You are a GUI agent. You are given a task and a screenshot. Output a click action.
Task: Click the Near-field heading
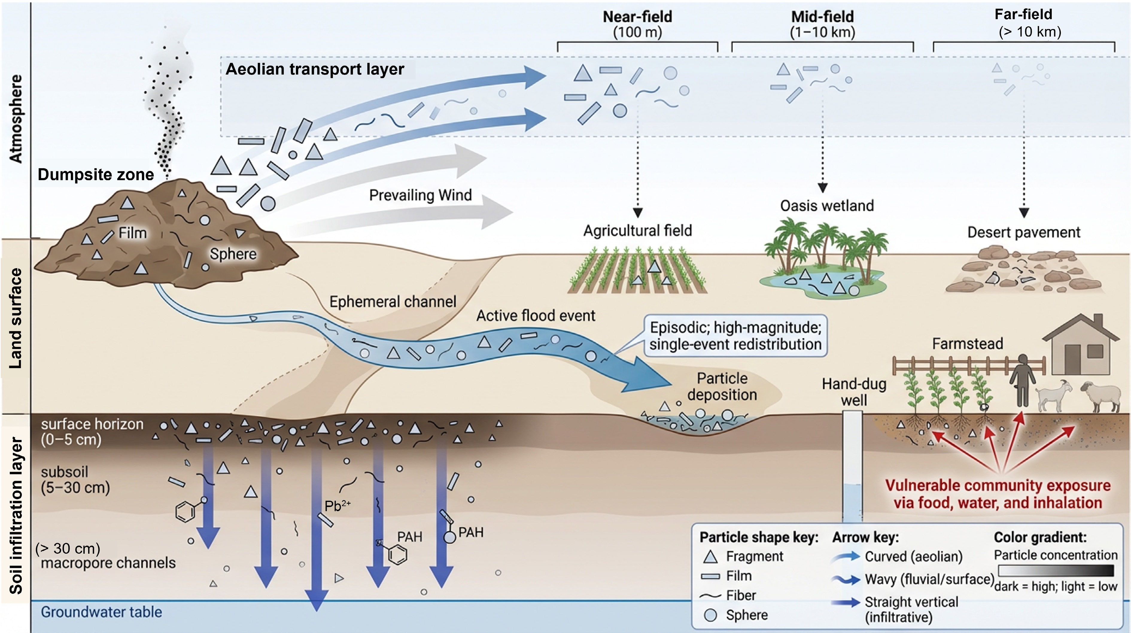pyautogui.click(x=637, y=17)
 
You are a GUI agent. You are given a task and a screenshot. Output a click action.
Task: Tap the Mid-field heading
pyautogui.click(x=822, y=17)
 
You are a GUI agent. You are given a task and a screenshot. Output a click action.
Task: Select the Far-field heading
pyautogui.click(x=1023, y=14)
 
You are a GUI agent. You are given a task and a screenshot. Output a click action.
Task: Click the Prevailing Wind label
pyautogui.click(x=420, y=195)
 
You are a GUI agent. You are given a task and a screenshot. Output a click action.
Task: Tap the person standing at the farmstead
pyautogui.click(x=1023, y=380)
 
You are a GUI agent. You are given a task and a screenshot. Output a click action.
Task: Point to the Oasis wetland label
pyautogui.click(x=827, y=206)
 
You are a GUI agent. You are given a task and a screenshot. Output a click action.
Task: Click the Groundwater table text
pyautogui.click(x=101, y=612)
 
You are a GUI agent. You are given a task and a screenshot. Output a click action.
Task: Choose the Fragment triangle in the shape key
pyautogui.click(x=710, y=557)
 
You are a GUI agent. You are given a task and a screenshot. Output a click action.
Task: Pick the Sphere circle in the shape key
pyautogui.click(x=710, y=615)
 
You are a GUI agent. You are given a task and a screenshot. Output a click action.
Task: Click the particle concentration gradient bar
pyautogui.click(x=1056, y=571)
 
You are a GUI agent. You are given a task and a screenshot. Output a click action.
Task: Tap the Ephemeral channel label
pyautogui.click(x=393, y=302)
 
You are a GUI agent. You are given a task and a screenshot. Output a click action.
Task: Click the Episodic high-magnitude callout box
pyautogui.click(x=735, y=336)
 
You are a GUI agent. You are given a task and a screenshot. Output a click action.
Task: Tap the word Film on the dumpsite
pyautogui.click(x=133, y=233)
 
